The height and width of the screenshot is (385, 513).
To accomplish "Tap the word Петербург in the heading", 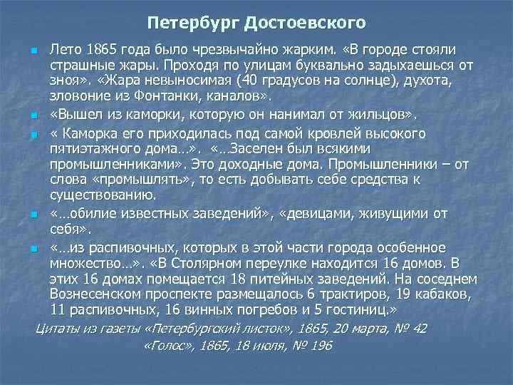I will pyautogui.click(x=194, y=23).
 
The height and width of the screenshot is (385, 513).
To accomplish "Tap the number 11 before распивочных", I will pyautogui.click(x=58, y=309).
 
